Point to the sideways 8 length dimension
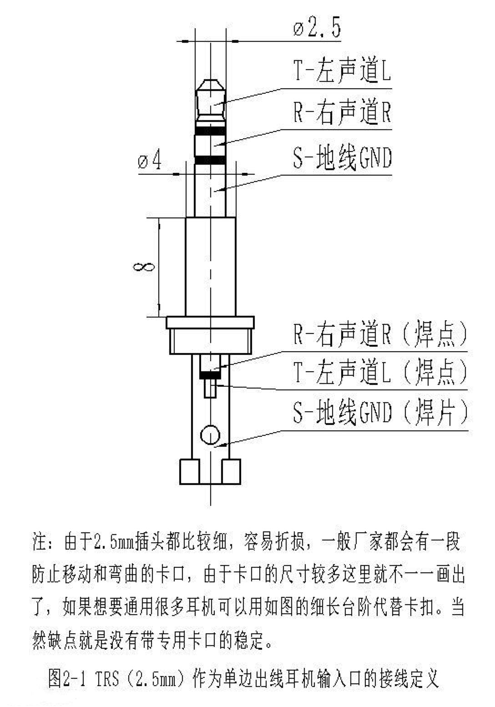[144, 267]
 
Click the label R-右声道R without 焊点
[342, 112]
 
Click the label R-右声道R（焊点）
[380, 334]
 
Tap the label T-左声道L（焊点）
[380, 372]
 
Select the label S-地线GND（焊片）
[380, 411]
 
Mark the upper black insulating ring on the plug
[210, 131]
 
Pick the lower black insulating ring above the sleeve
[210, 160]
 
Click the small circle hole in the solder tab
[210, 435]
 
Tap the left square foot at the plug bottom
[189, 471]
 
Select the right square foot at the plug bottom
[231, 471]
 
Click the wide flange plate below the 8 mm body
[210, 322]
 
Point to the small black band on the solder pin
[210, 374]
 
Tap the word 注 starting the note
[40, 541]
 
